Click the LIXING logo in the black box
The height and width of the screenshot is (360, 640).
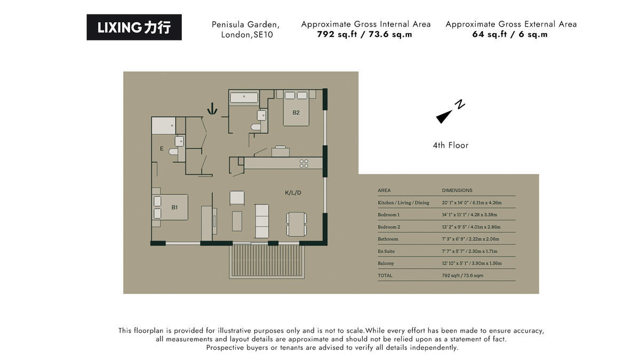point(134,27)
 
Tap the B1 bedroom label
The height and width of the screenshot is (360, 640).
point(174,207)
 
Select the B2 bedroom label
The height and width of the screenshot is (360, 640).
point(296,113)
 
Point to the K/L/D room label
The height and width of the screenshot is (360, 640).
point(293,193)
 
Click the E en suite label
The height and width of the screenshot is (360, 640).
point(162,149)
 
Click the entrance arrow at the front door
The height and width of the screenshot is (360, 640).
point(212,109)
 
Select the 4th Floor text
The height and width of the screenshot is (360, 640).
point(451,145)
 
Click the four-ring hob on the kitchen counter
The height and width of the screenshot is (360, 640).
point(304,163)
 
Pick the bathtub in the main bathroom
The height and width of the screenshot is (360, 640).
point(244,97)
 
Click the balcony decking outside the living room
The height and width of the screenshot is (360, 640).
point(267,261)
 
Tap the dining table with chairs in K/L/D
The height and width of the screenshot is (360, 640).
point(296,224)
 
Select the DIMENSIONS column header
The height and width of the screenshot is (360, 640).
point(457,190)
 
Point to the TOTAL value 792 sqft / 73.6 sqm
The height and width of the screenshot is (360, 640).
point(462,276)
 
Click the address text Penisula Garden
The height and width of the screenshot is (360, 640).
point(245,25)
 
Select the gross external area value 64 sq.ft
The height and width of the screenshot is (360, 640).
point(510,35)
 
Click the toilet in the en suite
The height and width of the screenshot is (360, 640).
point(173,151)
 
